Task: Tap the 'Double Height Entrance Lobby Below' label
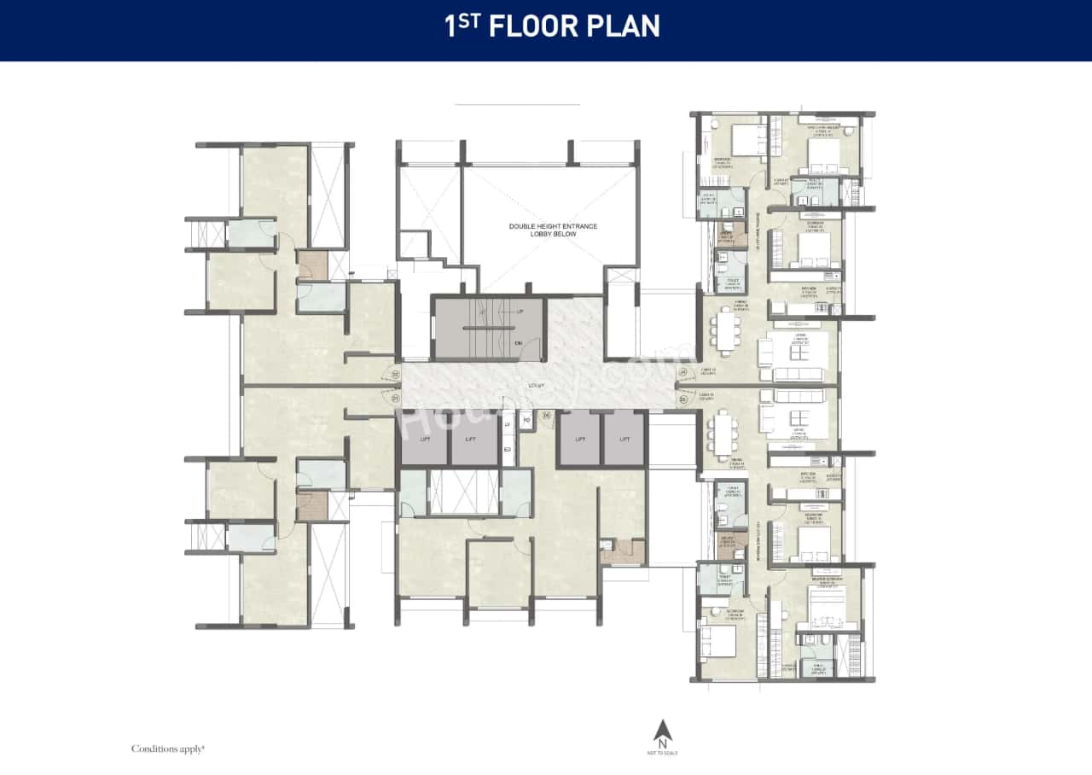tap(553, 230)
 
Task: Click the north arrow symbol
tap(662, 731)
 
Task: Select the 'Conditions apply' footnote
tap(168, 749)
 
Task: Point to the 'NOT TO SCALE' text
tap(662, 753)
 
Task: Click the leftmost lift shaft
tap(425, 439)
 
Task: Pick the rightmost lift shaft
tap(624, 439)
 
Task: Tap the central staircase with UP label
tap(487, 328)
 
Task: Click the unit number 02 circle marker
tap(395, 373)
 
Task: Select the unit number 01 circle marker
tap(395, 398)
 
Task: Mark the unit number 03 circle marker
tap(682, 398)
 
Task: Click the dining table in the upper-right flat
tap(726, 330)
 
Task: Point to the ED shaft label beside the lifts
tap(508, 449)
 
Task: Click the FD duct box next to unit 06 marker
tap(526, 420)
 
